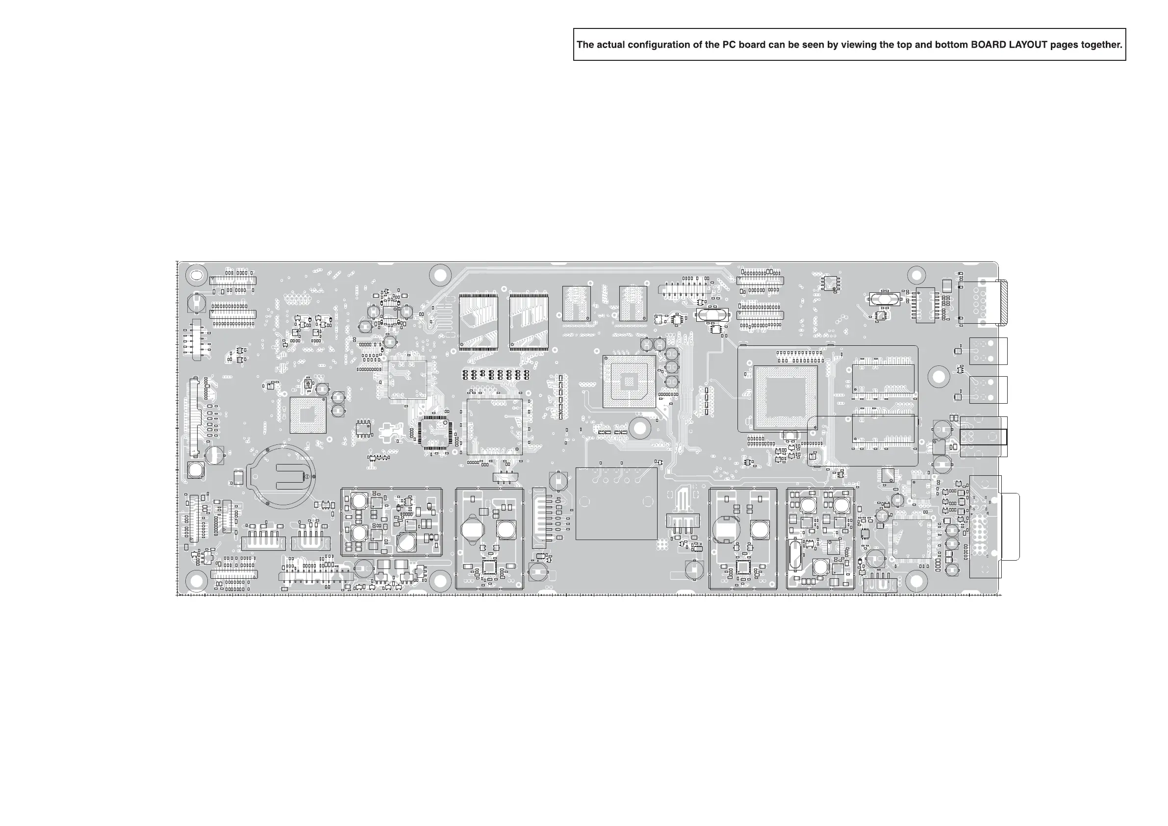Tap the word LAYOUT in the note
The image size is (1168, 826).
pos(1028,45)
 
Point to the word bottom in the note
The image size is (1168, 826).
pos(951,45)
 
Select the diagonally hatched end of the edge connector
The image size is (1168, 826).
pos(1003,303)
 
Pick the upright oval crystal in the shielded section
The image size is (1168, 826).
pos(795,555)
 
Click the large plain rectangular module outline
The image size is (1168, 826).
pos(616,503)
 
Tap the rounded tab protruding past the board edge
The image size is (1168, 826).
pos(1011,526)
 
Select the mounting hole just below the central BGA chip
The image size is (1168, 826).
pos(639,428)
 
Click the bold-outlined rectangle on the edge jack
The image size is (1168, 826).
pos(983,437)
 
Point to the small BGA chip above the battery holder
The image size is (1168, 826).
pos(308,415)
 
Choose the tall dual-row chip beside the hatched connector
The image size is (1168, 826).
pos(925,306)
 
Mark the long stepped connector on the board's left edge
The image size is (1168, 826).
pos(193,417)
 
